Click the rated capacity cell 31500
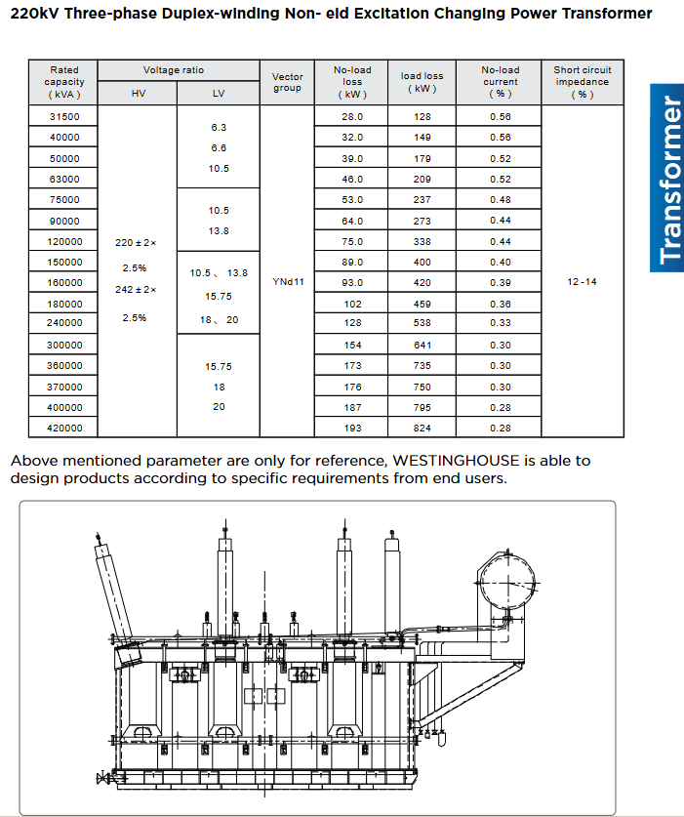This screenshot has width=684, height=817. coord(64,117)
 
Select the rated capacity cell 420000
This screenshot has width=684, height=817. coord(64,429)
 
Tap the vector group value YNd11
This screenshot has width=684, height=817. coord(287,282)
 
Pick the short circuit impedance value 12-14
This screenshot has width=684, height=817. coord(582,282)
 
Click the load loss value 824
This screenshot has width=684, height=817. coord(422,429)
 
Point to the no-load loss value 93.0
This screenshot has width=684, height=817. coord(351,283)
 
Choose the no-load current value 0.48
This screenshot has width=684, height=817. coord(501,200)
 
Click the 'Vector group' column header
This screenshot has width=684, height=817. coord(287,82)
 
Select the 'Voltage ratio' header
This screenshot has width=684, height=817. coord(174,70)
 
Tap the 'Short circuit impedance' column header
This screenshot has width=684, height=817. coord(582,82)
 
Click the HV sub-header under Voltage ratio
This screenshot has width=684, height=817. coord(138,94)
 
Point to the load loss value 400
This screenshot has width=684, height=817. coord(422,263)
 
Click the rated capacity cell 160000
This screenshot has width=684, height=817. coord(64,283)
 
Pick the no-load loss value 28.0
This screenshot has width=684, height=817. coord(351,117)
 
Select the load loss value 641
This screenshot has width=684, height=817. coord(422,346)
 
